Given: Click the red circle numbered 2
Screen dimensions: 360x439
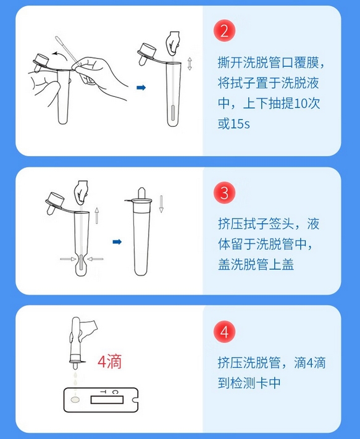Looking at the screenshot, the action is (x=224, y=30).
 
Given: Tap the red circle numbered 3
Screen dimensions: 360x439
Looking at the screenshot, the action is (x=224, y=193).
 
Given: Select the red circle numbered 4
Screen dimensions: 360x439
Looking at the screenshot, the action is (x=224, y=332).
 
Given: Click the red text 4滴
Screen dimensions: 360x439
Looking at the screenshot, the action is (x=109, y=361).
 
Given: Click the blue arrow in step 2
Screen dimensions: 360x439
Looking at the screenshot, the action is (x=141, y=88).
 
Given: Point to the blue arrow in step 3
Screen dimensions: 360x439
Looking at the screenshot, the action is (x=117, y=241).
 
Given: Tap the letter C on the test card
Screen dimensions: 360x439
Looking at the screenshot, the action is (x=115, y=392).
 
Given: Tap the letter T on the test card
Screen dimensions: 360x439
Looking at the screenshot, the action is (x=103, y=392).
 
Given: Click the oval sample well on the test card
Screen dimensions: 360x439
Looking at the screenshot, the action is (x=75, y=400).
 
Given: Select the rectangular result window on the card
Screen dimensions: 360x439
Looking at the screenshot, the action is (x=107, y=400).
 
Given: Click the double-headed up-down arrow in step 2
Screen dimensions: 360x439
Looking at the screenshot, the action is (x=190, y=64).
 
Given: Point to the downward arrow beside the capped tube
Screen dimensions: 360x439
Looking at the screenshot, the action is (x=161, y=204).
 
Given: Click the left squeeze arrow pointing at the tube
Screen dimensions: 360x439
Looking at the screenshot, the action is (x=68, y=259).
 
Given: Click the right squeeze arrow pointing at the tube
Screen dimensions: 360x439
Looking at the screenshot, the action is (x=95, y=259).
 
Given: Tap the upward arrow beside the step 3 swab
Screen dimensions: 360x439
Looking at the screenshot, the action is (x=96, y=215).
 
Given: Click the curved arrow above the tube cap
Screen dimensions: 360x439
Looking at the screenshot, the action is (x=61, y=54).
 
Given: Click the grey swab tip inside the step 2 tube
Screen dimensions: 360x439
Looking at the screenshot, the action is (x=173, y=112).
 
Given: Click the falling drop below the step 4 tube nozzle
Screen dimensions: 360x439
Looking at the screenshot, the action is (x=75, y=375).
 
